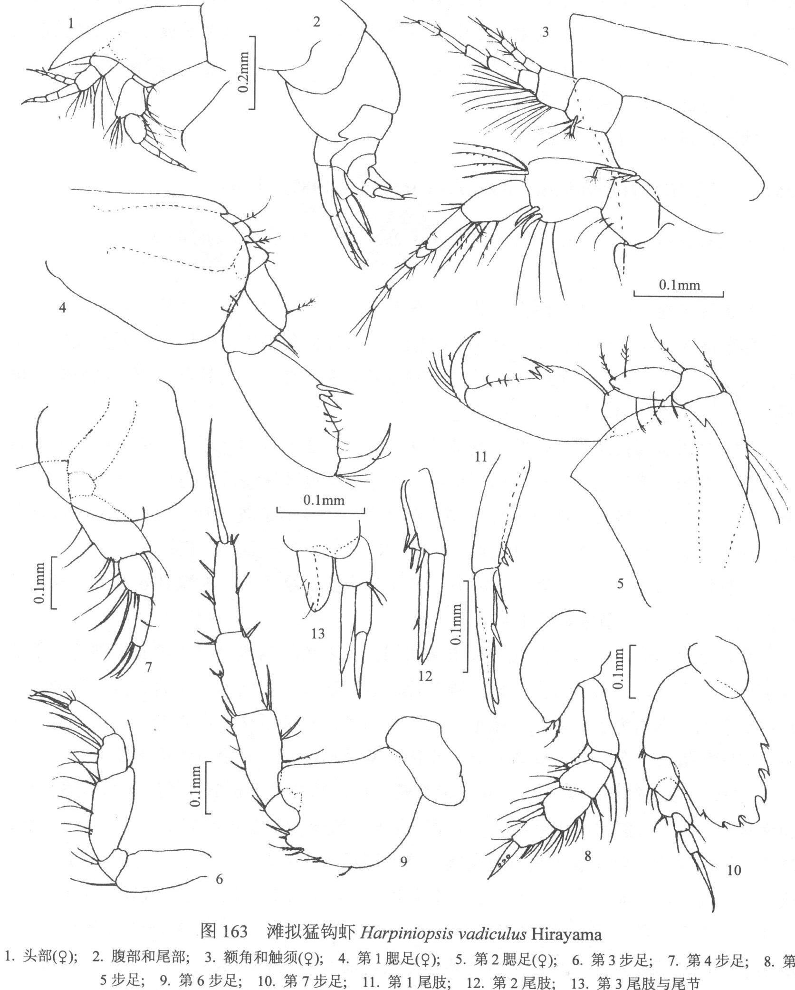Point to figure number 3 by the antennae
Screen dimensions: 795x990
click(546, 32)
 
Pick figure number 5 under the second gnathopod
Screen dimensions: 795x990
click(620, 584)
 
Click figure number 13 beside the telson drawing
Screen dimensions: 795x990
click(317, 634)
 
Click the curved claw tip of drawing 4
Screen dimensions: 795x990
click(389, 425)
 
